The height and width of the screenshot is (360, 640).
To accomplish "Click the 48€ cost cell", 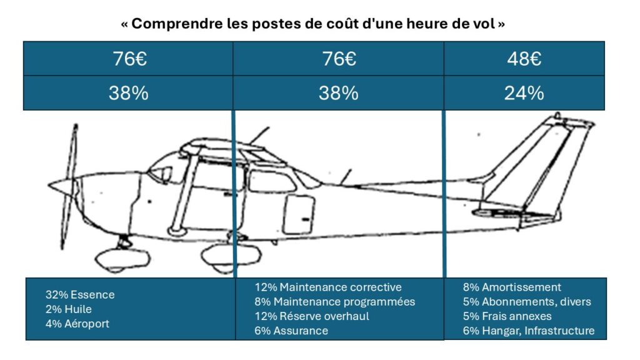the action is click(524, 59).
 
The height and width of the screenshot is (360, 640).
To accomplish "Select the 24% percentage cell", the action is click(524, 93).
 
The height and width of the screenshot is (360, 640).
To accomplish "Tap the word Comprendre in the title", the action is click(177, 24).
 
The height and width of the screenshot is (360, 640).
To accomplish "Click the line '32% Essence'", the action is click(80, 295).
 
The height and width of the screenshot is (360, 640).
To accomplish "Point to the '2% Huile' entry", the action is click(69, 309).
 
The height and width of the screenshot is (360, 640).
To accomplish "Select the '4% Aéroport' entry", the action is click(77, 324).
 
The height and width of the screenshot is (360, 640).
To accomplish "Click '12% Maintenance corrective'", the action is click(328, 287).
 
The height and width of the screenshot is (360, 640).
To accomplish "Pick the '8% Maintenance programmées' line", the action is click(335, 302).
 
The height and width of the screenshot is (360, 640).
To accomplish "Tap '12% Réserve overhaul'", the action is click(312, 316).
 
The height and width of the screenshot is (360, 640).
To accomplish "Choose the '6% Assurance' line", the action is click(291, 331).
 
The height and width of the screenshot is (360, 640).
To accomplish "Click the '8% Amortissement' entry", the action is click(512, 287).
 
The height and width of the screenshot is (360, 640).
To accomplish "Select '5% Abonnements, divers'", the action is click(527, 302).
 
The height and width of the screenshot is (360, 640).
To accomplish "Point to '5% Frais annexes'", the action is click(507, 316).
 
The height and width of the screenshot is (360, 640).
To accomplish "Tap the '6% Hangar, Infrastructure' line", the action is click(529, 331).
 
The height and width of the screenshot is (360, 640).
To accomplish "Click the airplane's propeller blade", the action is click(69, 186).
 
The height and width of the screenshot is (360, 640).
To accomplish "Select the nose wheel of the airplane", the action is click(122, 258).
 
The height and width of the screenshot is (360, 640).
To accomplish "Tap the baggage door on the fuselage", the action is click(299, 215).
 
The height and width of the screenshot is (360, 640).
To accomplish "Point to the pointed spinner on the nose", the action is click(61, 186).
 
